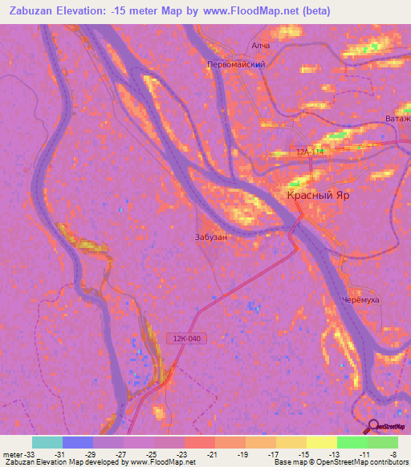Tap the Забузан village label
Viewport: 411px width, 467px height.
(210, 238)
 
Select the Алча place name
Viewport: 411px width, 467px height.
(261, 46)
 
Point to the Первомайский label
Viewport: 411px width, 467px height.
(236, 63)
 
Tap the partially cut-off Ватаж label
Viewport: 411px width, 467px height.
(397, 120)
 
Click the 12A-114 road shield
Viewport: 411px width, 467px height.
(309, 152)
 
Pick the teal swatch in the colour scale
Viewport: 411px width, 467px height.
(47, 442)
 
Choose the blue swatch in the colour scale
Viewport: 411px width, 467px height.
(77, 442)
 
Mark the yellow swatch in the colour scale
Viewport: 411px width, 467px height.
(321, 442)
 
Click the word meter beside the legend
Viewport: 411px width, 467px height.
(12, 453)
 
